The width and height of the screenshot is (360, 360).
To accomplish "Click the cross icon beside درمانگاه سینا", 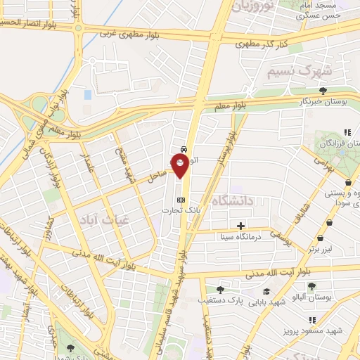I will (241, 226).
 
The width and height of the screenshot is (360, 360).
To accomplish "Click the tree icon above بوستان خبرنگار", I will (323, 91).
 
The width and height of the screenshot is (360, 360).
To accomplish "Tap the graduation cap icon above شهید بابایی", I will (266, 292).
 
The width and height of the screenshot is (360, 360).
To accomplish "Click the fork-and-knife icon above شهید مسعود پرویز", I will (311, 320).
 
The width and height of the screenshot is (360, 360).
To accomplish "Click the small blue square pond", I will (87, 94).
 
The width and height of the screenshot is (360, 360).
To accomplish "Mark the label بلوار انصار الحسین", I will (28, 24).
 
